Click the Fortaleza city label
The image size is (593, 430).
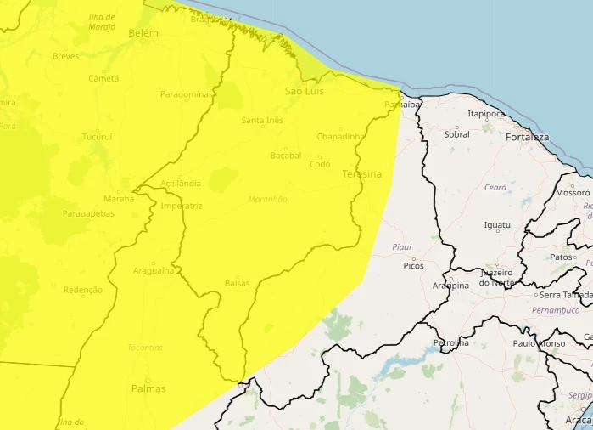[527, 137]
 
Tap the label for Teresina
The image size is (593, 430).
[361, 174]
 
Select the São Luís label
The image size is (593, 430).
[305, 91]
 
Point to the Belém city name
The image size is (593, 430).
[143, 32]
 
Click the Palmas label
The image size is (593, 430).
[148, 388]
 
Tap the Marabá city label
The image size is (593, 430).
[119, 198]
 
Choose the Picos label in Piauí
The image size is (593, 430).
[414, 266]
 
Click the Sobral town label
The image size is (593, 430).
[456, 134]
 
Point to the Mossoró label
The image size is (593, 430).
[573, 193]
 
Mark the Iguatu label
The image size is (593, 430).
[497, 225]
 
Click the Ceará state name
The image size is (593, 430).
[495, 187]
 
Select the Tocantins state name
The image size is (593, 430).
[146, 348]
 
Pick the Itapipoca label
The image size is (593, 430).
[487, 113]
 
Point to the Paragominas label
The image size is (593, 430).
[186, 94]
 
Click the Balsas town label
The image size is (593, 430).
[238, 283]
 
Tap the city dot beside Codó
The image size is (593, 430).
[319, 156]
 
